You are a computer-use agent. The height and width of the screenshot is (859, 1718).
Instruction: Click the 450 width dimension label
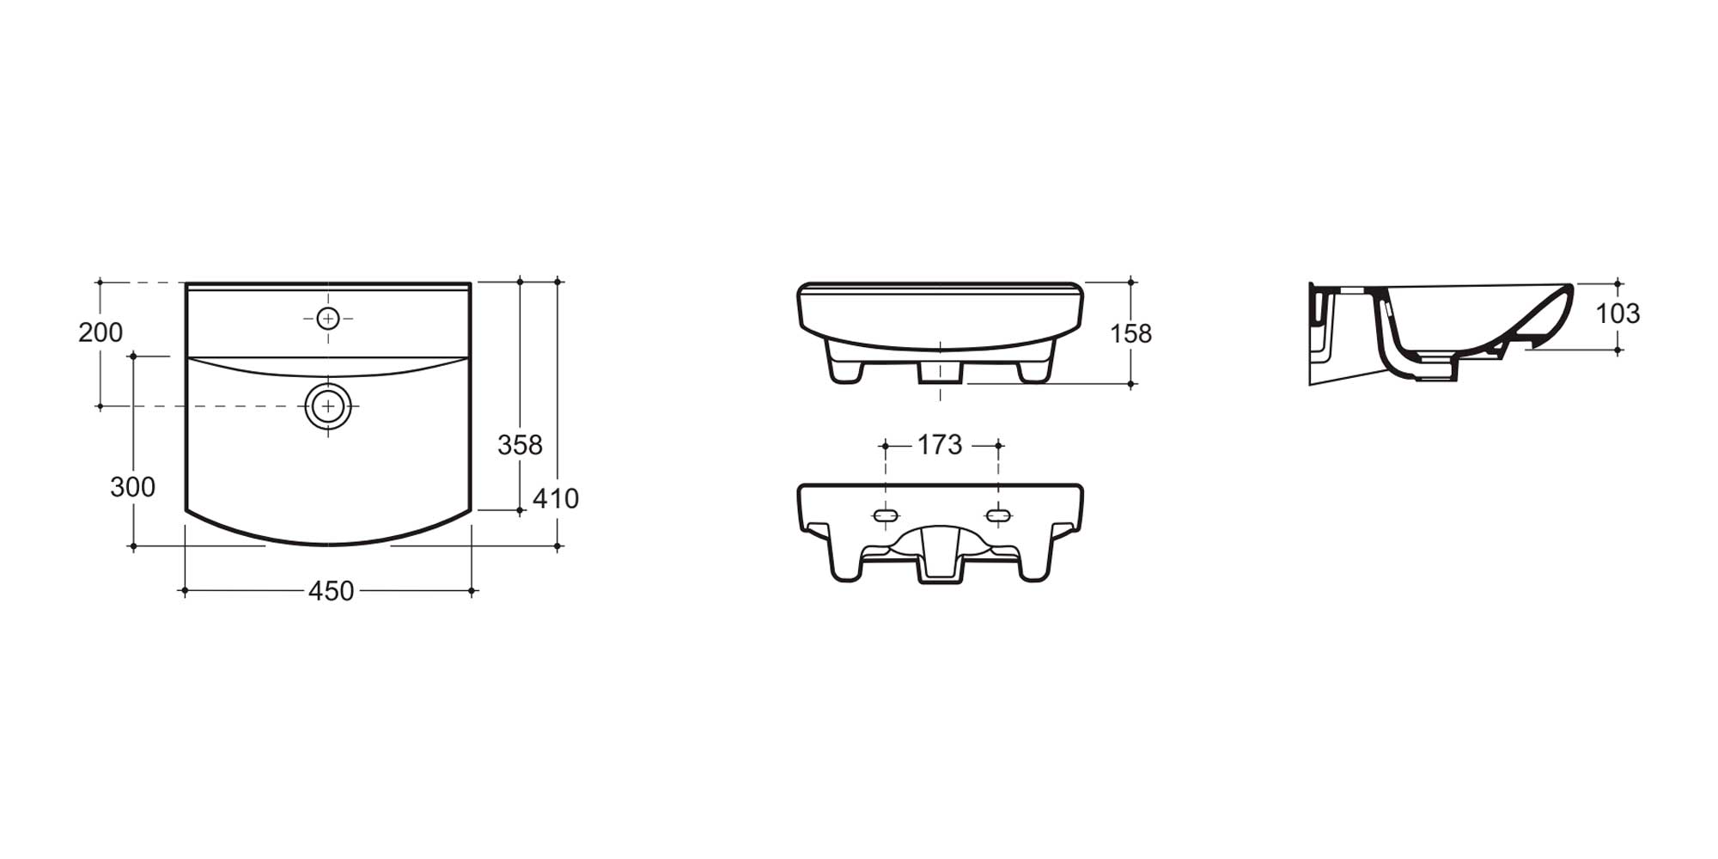(331, 591)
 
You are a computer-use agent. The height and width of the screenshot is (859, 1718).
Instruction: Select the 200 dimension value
(101, 332)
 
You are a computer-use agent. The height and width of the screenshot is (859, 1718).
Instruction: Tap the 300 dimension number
(132, 487)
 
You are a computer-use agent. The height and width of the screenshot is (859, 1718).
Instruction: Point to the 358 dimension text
(520, 445)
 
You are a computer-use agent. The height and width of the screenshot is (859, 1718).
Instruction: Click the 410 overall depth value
(556, 498)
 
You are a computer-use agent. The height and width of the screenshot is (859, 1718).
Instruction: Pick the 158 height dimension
(1130, 333)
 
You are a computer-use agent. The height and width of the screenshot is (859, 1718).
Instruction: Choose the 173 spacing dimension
(940, 445)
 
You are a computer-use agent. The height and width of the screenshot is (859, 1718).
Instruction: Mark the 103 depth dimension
(1617, 314)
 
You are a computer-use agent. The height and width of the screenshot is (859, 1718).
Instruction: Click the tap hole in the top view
(328, 319)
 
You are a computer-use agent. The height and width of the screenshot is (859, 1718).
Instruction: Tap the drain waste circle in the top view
(328, 405)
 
